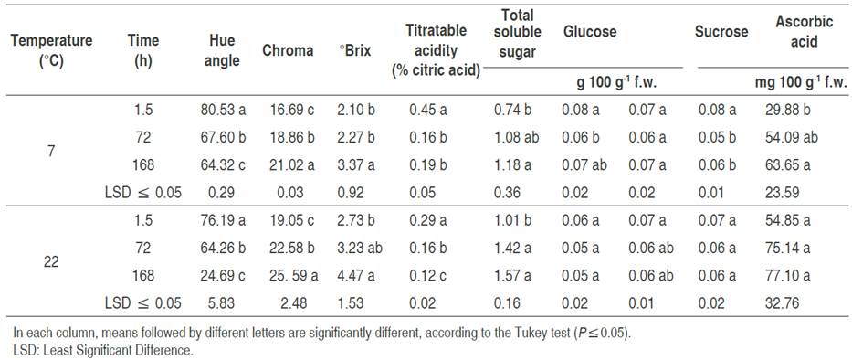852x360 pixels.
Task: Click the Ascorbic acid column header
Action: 796,31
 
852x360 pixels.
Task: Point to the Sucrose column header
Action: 722,32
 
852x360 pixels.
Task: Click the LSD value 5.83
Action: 222,302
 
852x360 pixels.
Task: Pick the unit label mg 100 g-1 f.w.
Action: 796,81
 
